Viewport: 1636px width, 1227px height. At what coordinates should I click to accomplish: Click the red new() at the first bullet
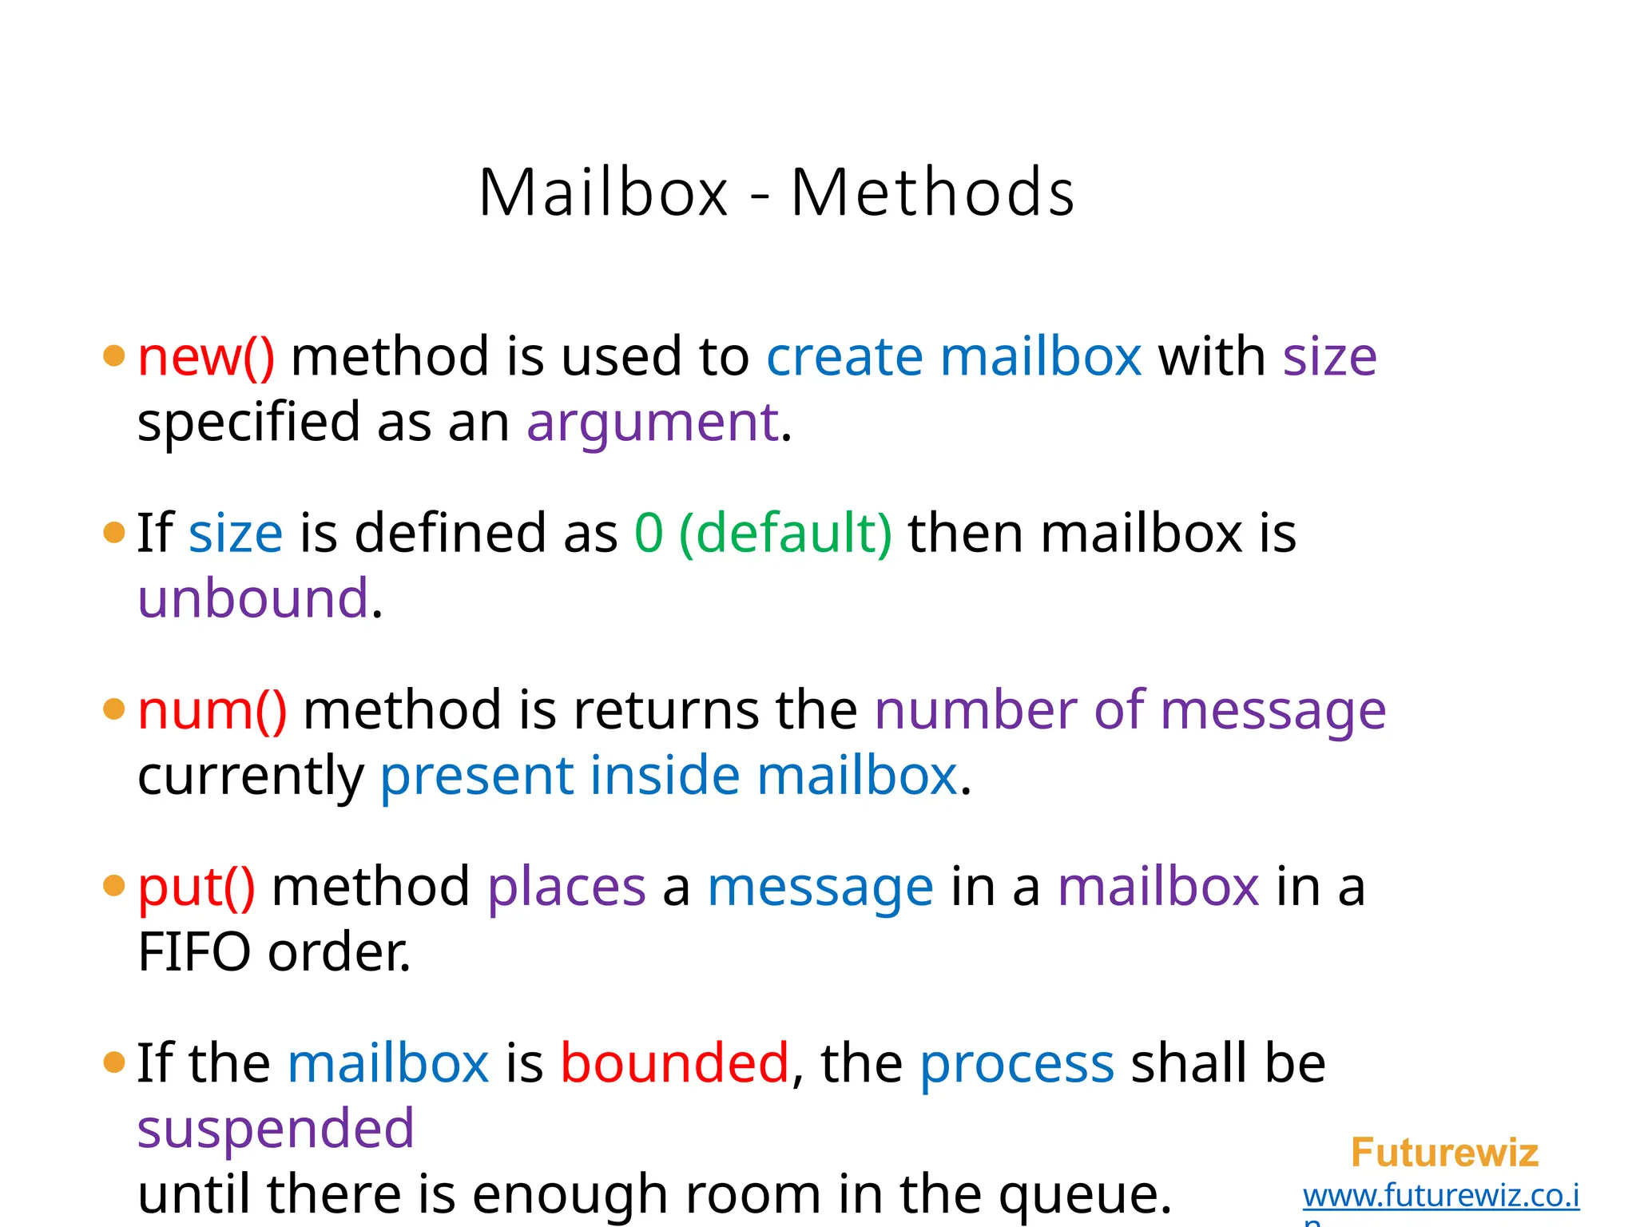(206, 356)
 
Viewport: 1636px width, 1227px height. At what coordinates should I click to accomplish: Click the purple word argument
(652, 423)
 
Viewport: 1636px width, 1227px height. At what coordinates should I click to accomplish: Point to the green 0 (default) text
(763, 533)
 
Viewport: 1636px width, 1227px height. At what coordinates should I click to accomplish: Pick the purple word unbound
(253, 598)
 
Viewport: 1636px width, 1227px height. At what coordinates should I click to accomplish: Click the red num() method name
(212, 710)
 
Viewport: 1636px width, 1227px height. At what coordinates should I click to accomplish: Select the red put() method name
(197, 887)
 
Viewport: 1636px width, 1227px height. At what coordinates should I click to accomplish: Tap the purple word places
(566, 887)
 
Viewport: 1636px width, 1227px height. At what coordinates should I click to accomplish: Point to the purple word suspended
(276, 1129)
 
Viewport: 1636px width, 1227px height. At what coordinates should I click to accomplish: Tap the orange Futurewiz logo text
(1444, 1153)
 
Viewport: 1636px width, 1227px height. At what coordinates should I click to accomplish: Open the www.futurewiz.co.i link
(1441, 1196)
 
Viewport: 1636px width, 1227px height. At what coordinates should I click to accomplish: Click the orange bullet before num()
(114, 709)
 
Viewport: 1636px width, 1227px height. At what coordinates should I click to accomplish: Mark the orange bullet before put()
(114, 885)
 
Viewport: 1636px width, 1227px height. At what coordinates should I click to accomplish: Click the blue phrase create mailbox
(954, 356)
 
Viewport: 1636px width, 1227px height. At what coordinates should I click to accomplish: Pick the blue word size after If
(236, 533)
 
